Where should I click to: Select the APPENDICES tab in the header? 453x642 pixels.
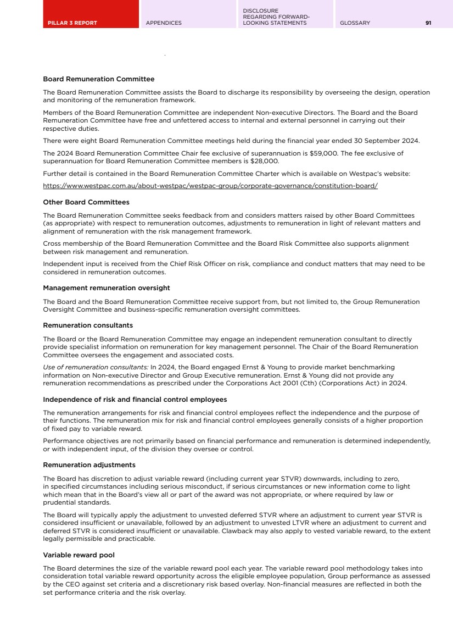tap(164, 23)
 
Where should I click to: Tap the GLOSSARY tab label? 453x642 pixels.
tap(355, 23)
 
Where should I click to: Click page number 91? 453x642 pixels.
tap(428, 23)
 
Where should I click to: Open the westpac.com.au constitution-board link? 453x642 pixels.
tap(210, 186)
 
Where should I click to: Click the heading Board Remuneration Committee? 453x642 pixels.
tap(98, 79)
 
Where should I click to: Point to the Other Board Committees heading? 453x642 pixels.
tap(86, 202)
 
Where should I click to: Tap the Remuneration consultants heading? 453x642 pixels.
tap(88, 325)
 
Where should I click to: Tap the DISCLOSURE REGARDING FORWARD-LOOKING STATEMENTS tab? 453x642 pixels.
tap(276, 16)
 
